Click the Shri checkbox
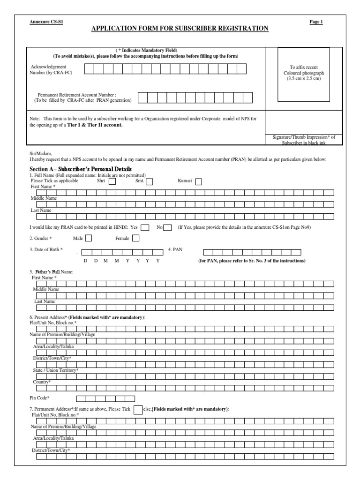tap(112, 182)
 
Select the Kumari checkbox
tap(199, 182)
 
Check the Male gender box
tap(88, 238)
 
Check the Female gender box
tap(136, 238)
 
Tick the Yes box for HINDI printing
tap(145, 227)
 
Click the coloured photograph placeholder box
tap(303, 75)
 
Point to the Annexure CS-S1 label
tap(44, 22)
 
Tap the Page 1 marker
tap(316, 22)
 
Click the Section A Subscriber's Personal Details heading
tap(81, 169)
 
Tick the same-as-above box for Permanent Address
tap(138, 410)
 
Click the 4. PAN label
tap(175, 249)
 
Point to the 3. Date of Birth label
tap(46, 249)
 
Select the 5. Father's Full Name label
tap(52, 272)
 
